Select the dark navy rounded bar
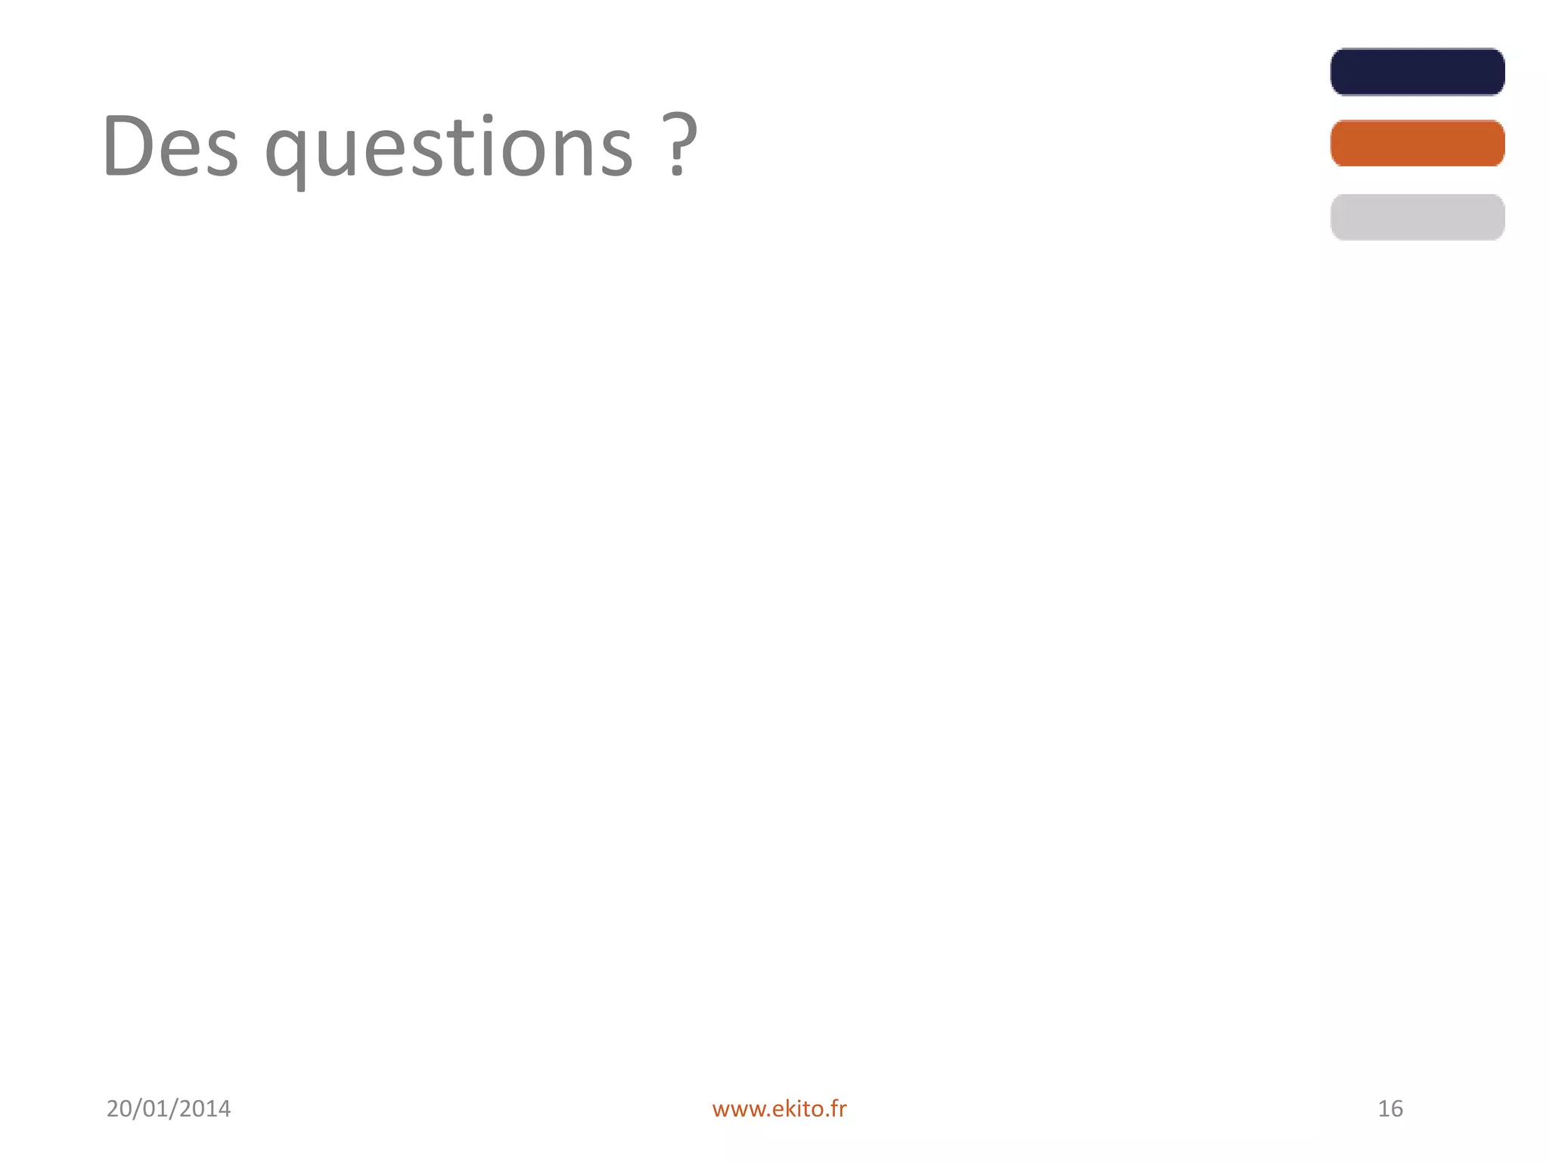[x=1417, y=72]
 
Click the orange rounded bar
[x=1417, y=143]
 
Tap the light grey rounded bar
[x=1417, y=217]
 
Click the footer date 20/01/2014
[x=169, y=1108]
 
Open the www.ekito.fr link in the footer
[x=779, y=1109]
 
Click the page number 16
[x=1390, y=1108]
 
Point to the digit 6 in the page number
[x=1396, y=1108]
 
